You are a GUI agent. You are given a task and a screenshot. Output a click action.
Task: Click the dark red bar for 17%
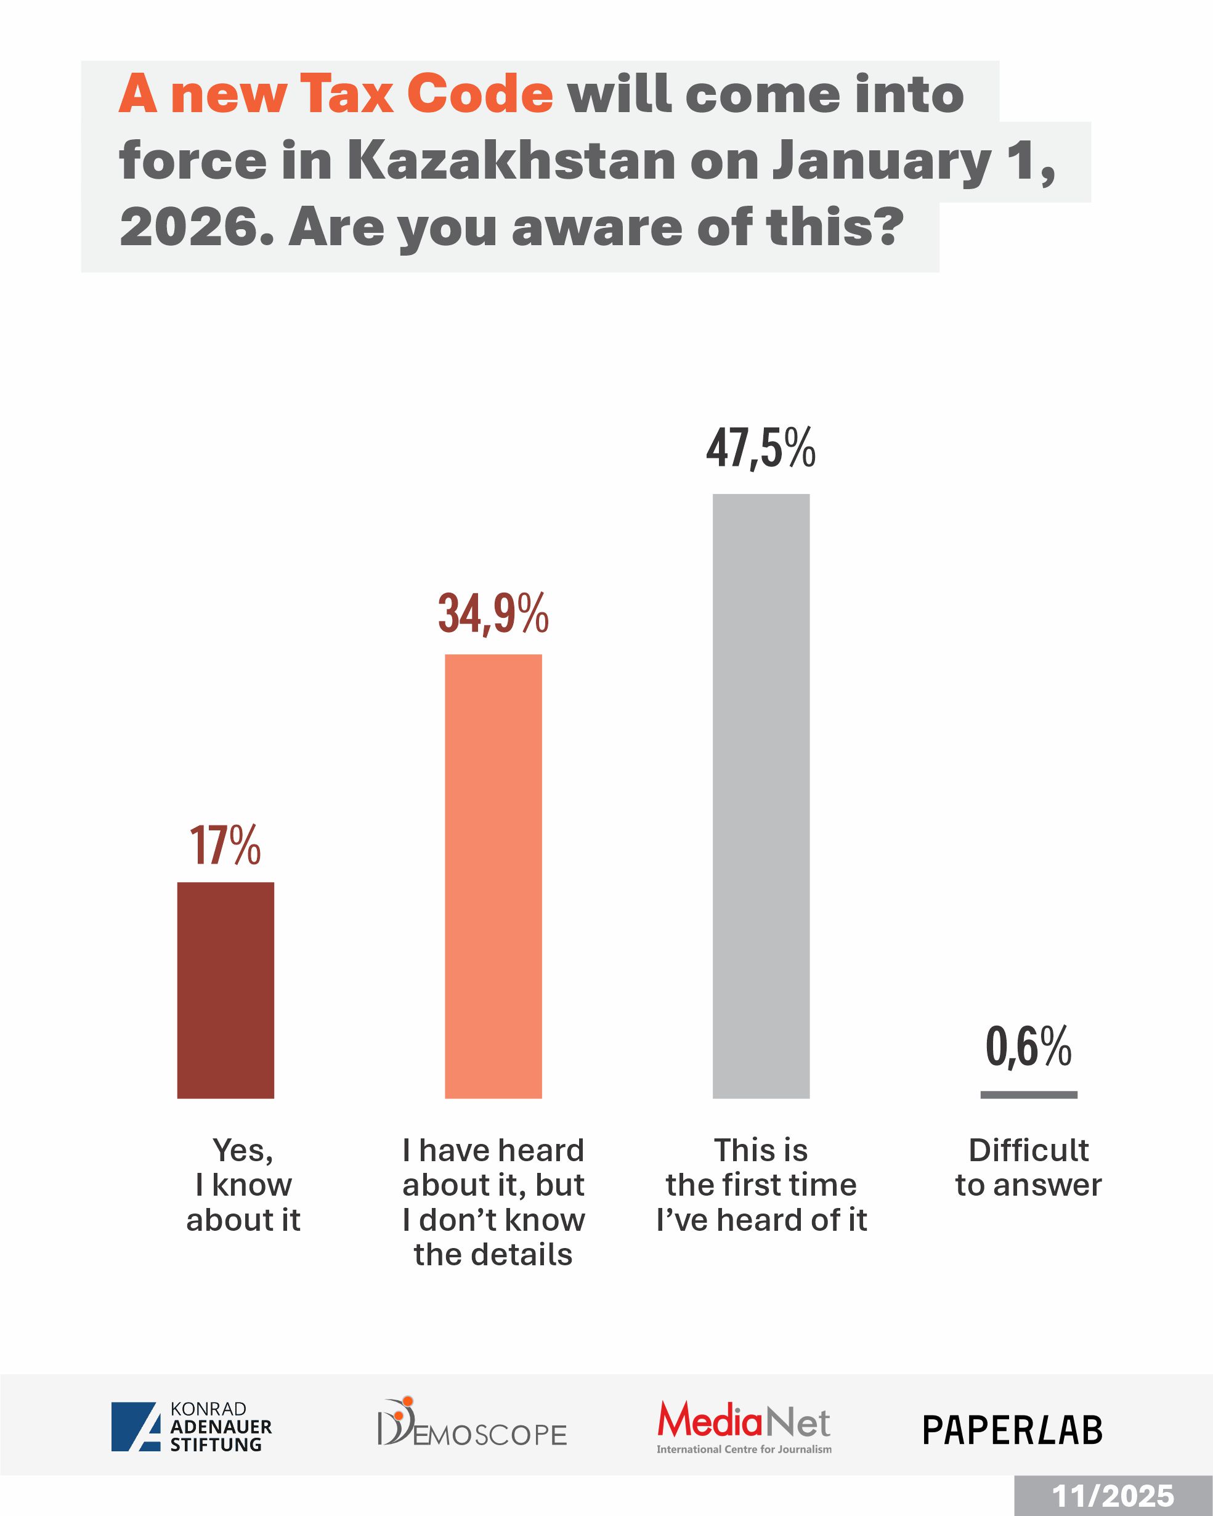pyautogui.click(x=225, y=990)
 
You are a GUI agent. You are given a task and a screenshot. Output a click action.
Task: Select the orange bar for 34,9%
pyautogui.click(x=493, y=876)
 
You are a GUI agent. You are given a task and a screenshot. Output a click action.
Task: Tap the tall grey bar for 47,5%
pyautogui.click(x=761, y=796)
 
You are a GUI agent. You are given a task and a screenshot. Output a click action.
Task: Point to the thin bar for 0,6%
pyautogui.click(x=1029, y=1095)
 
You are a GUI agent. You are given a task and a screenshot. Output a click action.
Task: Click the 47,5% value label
pyautogui.click(x=761, y=448)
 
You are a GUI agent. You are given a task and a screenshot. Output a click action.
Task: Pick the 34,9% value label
pyautogui.click(x=493, y=613)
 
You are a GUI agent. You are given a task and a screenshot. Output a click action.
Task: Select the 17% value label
pyautogui.click(x=225, y=845)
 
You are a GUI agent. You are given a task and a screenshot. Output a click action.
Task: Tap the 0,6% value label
pyautogui.click(x=1029, y=1047)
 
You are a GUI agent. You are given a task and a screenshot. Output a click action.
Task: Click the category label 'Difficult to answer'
pyautogui.click(x=1029, y=1168)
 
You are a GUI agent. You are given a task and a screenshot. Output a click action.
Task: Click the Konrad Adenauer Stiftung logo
pyautogui.click(x=191, y=1426)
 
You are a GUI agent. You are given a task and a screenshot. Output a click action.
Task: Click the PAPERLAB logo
pyautogui.click(x=1013, y=1430)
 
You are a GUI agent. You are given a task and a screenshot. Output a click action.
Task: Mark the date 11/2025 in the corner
pyautogui.click(x=1113, y=1496)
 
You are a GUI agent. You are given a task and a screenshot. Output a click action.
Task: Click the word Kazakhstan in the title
pyautogui.click(x=511, y=160)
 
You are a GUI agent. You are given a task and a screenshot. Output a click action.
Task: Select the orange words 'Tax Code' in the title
pyautogui.click(x=426, y=94)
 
